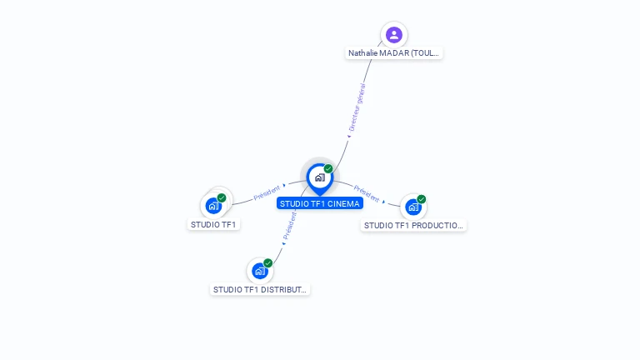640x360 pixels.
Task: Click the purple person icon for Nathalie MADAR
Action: point(394,34)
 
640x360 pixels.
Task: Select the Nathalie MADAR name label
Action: point(394,53)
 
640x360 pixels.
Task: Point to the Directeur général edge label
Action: point(357,107)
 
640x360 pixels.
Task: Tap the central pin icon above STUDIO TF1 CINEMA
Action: point(319,177)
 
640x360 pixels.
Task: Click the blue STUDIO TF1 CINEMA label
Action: point(320,203)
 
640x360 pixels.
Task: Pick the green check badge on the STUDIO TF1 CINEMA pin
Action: point(328,169)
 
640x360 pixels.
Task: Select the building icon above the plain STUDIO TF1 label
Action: point(214,205)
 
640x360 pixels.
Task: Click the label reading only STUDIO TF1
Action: point(214,224)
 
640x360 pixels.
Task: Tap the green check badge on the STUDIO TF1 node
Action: point(222,197)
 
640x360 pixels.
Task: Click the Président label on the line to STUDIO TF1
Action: point(267,192)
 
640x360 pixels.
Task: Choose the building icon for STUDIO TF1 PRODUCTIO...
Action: point(413,207)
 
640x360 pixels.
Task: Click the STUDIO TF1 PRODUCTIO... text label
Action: point(413,225)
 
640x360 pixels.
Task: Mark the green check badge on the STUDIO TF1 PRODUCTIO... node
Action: point(422,199)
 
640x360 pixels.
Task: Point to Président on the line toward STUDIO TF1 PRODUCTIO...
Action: point(366,193)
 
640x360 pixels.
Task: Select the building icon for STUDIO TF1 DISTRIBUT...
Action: point(260,271)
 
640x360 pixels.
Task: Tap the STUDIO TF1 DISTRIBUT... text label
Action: point(261,290)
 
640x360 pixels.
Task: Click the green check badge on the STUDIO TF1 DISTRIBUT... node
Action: point(268,263)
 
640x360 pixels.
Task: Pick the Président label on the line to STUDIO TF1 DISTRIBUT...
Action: point(289,225)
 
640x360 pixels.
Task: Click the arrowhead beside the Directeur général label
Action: point(349,137)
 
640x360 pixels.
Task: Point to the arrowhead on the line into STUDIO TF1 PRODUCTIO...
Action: point(383,201)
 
